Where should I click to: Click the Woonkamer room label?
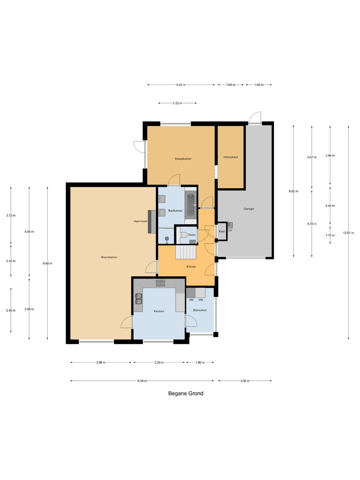pos(109,257)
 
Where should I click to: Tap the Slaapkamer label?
pos(183,159)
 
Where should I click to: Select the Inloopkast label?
pos(231,157)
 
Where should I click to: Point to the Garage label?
pos(249,208)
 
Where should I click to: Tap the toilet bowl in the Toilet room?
pos(183,235)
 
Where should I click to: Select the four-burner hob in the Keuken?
pos(160,283)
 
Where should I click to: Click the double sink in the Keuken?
pos(139,299)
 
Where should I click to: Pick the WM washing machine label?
pos(201,300)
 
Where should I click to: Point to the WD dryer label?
pos(191,300)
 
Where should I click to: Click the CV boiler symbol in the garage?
pos(230,225)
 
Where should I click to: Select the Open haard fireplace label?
pos(140,221)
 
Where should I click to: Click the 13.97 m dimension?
pos(348,233)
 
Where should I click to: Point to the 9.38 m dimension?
pos(142,381)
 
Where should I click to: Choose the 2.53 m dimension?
pos(177,103)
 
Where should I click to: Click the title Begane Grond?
pos(186,393)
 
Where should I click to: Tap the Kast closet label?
pos(222,231)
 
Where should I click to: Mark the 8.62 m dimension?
pos(293,191)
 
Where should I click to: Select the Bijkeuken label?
pos(199,310)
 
